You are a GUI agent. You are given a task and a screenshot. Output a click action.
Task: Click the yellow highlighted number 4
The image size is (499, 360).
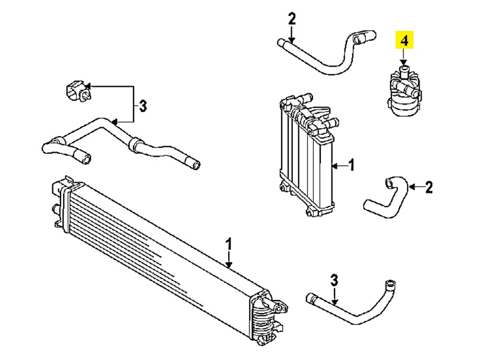click(404, 40)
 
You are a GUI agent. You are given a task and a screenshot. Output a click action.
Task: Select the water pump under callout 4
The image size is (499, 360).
click(403, 91)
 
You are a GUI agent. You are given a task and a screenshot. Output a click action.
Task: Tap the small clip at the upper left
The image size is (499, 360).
click(78, 91)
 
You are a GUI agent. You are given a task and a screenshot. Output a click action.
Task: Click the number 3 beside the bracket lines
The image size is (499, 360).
click(143, 106)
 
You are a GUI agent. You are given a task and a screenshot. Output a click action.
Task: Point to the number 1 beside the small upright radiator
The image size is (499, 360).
click(351, 166)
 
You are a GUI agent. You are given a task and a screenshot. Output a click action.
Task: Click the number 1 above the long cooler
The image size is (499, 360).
click(229, 244)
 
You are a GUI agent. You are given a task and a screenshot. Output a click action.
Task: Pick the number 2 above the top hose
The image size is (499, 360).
click(292, 19)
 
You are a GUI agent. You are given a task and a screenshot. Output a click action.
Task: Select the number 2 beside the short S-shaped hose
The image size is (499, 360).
click(429, 188)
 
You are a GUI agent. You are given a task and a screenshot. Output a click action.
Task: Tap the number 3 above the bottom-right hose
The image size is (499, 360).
click(334, 280)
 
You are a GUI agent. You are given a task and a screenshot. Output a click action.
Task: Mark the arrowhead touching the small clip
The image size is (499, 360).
click(88, 86)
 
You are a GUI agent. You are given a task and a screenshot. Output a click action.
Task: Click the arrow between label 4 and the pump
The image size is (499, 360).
click(404, 56)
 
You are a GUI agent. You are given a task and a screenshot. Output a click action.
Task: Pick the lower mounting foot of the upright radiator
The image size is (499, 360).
click(310, 211)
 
